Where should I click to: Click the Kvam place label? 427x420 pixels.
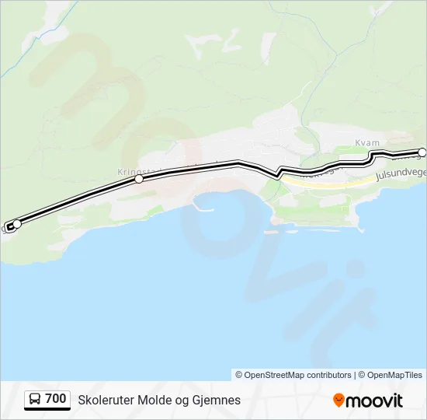367,142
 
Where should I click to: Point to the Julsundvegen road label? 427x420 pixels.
400,175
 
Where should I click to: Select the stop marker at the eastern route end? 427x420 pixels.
422,152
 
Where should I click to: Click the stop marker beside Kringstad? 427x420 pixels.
139,179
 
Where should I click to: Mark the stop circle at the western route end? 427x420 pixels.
17,224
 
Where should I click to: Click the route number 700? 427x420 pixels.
56,399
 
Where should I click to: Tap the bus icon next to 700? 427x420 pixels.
35,400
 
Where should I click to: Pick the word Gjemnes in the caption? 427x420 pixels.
215,400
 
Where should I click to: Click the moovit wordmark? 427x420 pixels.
375,401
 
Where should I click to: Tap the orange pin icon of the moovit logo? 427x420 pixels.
338,401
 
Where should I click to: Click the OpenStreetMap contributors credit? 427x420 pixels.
293,375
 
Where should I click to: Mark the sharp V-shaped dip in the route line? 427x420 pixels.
276,176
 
